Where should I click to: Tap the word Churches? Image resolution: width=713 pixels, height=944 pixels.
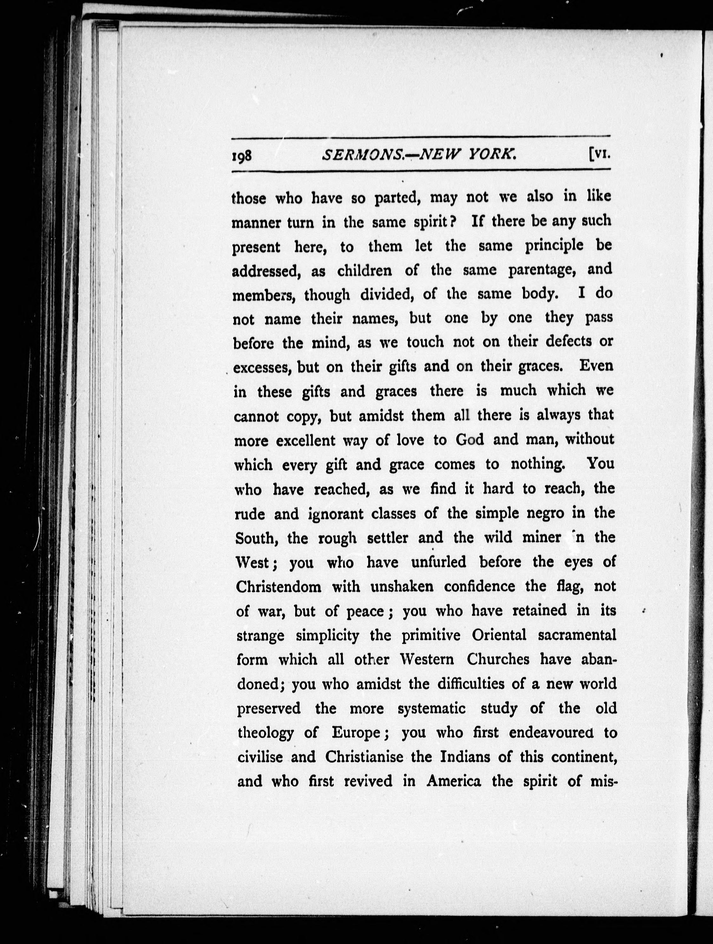pyautogui.click(x=498, y=660)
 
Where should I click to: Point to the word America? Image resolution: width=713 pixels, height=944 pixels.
pyautogui.click(x=454, y=781)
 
